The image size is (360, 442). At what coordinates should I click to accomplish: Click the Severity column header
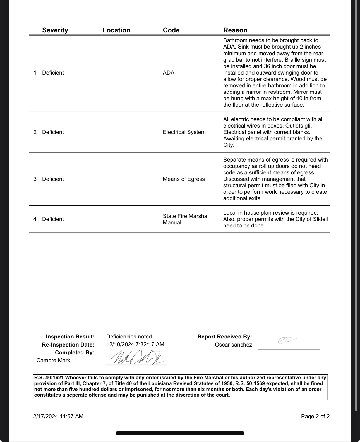(x=55, y=30)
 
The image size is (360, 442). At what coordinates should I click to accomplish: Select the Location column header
(x=116, y=30)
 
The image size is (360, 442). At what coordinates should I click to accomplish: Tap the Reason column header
(x=235, y=30)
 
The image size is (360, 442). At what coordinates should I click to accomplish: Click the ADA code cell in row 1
(x=169, y=73)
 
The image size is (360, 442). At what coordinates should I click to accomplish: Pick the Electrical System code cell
(x=184, y=132)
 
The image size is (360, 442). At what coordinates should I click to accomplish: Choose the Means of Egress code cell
(x=184, y=179)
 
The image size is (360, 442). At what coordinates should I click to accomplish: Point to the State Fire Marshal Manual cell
(x=186, y=219)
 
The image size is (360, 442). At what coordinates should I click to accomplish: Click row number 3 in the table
(x=35, y=179)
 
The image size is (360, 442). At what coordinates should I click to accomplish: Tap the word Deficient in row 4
(x=53, y=219)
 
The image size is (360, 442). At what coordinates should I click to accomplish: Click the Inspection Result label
(x=70, y=337)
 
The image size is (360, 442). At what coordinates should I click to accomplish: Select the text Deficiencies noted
(x=129, y=337)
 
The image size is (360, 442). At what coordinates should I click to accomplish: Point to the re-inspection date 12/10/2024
(x=135, y=344)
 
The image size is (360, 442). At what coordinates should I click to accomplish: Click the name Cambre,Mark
(x=53, y=360)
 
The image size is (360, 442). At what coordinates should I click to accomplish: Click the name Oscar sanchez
(x=233, y=345)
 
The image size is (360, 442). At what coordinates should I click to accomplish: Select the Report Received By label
(x=225, y=337)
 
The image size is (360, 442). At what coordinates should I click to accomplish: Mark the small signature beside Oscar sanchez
(x=288, y=340)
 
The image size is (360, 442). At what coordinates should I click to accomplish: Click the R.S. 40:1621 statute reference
(x=49, y=378)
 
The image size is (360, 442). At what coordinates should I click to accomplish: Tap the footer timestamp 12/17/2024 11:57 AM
(x=57, y=416)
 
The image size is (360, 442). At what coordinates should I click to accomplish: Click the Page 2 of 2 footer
(x=315, y=416)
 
